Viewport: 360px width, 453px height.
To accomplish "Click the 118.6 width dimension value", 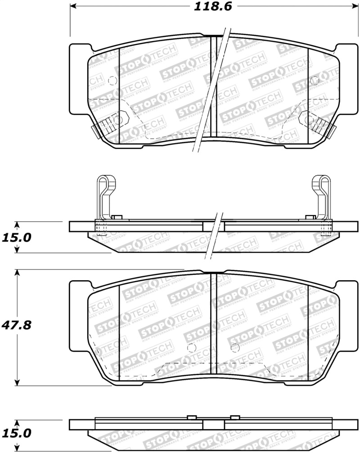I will (209, 7).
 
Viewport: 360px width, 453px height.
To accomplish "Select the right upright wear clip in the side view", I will (322, 193).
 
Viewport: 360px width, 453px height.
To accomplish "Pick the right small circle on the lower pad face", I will (234, 347).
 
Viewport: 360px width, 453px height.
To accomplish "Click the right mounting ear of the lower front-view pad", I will (348, 315).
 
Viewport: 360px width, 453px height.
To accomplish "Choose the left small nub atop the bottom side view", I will (190, 417).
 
